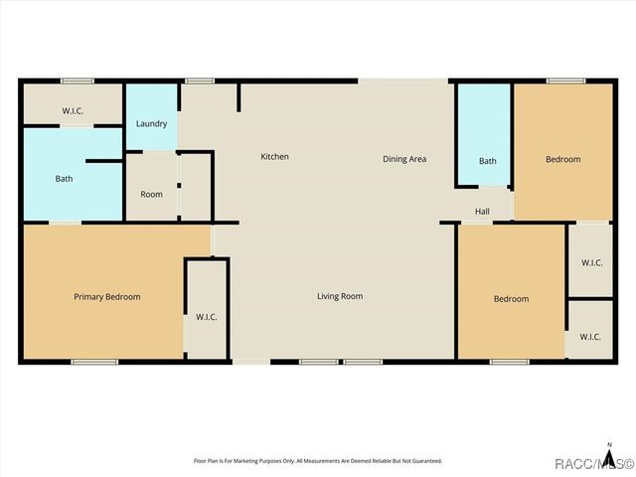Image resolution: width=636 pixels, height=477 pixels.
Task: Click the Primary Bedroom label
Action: point(107,296)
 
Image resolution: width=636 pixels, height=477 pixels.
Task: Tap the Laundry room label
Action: point(151,123)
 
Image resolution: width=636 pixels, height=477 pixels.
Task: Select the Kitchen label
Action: point(274,157)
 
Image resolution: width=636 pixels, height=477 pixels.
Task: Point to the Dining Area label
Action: point(404,159)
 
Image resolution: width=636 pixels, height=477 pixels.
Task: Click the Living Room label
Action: point(340,296)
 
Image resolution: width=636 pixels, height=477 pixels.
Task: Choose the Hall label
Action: point(482,211)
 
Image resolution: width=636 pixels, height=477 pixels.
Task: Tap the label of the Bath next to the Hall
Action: point(487,161)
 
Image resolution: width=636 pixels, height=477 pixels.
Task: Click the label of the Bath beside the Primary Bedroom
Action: point(64,179)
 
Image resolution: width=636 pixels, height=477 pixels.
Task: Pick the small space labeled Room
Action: point(151,194)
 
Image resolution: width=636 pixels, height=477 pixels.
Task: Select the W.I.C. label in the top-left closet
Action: point(73,110)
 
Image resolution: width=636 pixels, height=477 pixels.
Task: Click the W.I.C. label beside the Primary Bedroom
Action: point(207,317)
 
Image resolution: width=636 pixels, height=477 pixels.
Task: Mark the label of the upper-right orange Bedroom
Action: point(562,159)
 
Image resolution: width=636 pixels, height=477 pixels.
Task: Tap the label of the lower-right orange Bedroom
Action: point(511,299)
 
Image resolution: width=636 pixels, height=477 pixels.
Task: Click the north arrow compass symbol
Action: point(609,448)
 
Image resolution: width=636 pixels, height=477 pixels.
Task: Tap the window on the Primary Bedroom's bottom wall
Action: point(93,361)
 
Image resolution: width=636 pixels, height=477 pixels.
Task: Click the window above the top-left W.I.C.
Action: point(77,80)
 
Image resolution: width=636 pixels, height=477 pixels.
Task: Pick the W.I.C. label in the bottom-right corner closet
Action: point(590,337)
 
